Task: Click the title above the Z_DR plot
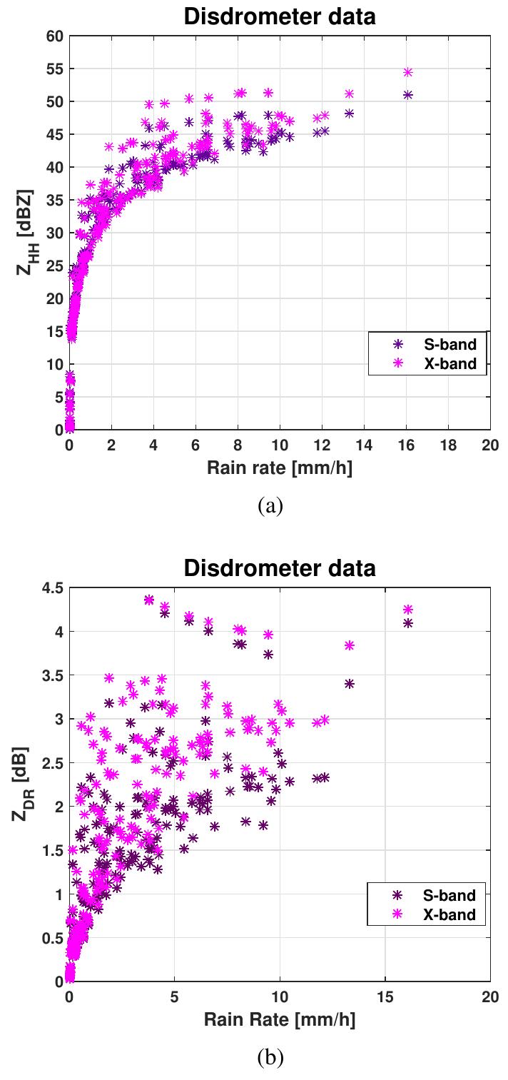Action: (x=280, y=569)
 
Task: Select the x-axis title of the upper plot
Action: (x=280, y=468)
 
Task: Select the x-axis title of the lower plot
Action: (x=280, y=1019)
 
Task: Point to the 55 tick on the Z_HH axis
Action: (x=54, y=69)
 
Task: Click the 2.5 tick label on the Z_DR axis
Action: (x=51, y=763)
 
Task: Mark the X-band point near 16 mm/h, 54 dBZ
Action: (x=408, y=72)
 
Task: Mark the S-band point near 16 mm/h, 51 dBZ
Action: (x=408, y=94)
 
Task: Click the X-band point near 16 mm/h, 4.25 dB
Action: (x=408, y=610)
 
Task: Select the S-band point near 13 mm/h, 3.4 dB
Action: (x=350, y=683)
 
